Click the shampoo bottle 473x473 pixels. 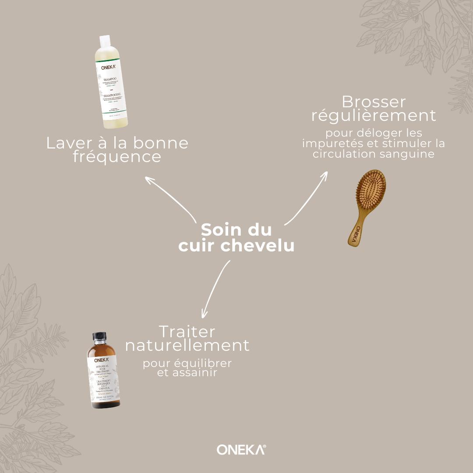(x=111, y=88)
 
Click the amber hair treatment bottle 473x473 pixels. (x=105, y=372)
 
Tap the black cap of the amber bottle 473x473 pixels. (x=99, y=336)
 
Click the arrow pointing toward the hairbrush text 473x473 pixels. (x=307, y=197)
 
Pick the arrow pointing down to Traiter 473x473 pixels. (x=215, y=289)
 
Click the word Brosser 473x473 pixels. (x=374, y=102)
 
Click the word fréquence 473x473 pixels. (x=117, y=157)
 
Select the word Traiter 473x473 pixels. (x=187, y=331)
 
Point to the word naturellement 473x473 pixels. (x=187, y=345)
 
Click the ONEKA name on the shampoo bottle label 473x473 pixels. (x=105, y=68)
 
